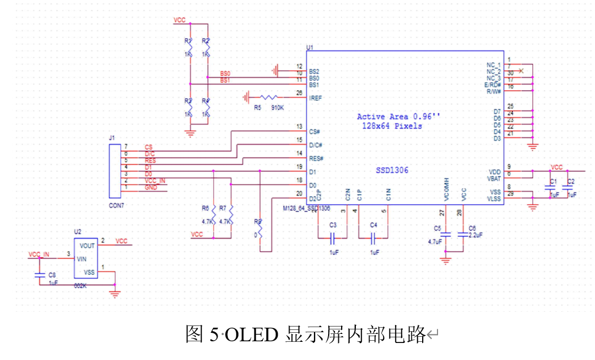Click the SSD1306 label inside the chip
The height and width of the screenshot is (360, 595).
(392, 170)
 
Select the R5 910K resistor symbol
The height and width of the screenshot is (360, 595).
(269, 97)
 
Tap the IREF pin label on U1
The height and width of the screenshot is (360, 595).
(316, 98)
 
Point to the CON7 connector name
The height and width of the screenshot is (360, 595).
(116, 205)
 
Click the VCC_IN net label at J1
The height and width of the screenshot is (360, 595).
(155, 180)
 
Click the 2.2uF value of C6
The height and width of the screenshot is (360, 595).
(475, 234)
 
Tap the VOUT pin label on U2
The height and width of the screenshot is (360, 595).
(87, 246)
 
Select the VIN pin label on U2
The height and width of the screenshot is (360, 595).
(82, 259)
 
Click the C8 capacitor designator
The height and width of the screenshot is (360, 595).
(52, 274)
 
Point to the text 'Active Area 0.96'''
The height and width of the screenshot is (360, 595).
(398, 117)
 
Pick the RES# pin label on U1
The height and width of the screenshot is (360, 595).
(316, 158)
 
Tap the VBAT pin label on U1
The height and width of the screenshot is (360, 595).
(494, 178)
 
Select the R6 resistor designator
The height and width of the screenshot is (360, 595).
(205, 207)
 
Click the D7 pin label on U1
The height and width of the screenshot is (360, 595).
(496, 112)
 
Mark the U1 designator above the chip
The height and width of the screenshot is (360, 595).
(309, 48)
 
